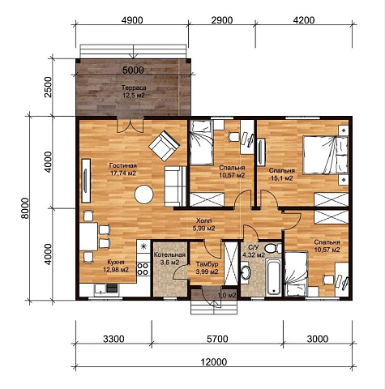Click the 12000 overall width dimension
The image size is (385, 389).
point(214,361)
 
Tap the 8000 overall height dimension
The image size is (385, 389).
point(25,208)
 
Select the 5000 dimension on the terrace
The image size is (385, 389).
point(133,71)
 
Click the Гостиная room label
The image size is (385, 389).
point(123,165)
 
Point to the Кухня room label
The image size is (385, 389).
point(116,262)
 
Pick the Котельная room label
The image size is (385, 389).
point(169,255)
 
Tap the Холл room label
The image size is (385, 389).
point(203,220)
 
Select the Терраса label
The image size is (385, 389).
point(134,88)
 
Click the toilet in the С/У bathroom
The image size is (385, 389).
point(272,248)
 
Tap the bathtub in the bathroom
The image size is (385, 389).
point(273,277)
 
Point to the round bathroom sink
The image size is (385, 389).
point(246,272)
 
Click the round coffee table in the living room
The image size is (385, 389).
point(144,194)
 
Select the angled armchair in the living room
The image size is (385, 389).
point(164,146)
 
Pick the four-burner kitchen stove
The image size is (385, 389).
point(143,269)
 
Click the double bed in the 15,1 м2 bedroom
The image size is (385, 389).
point(325,155)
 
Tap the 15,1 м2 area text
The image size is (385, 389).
point(282,178)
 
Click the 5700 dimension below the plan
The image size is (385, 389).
point(217,339)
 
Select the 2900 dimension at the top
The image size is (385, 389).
point(222,20)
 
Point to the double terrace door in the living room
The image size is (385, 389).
point(130,126)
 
